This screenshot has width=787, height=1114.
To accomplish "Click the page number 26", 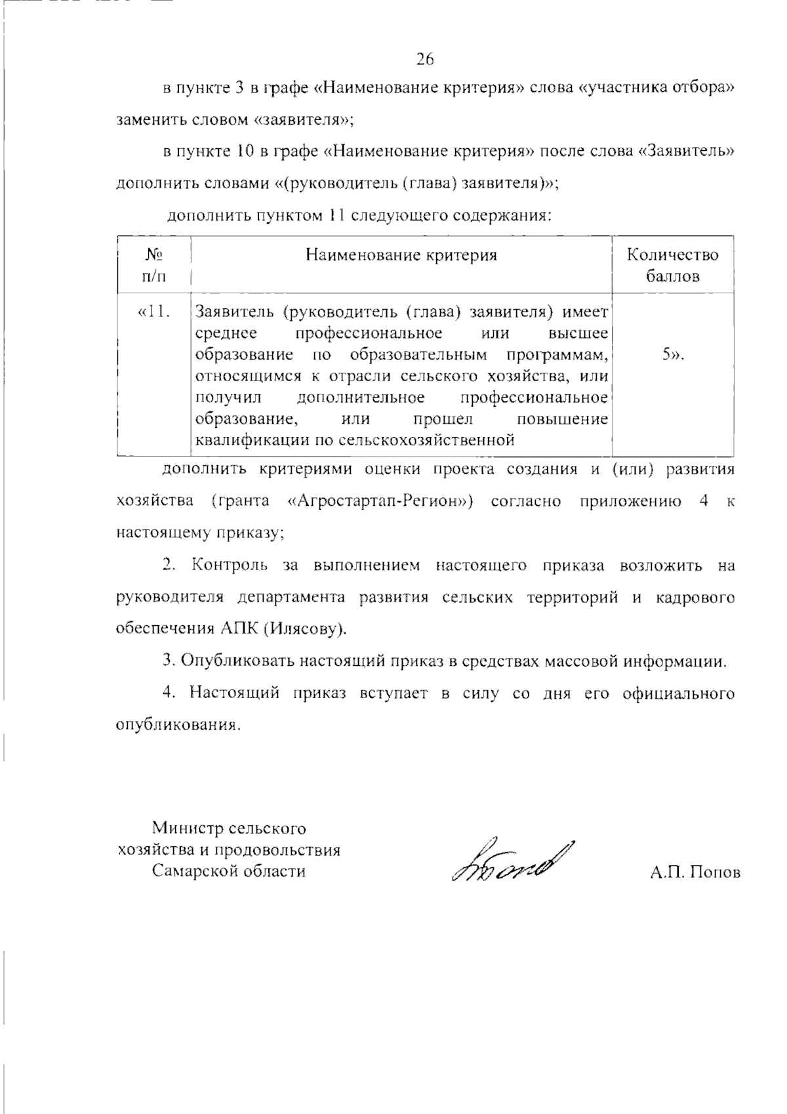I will click(425, 60).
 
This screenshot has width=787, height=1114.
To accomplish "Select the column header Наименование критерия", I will click(401, 255).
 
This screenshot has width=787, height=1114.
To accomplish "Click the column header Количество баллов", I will click(672, 265).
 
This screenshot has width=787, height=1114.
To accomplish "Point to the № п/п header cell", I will click(153, 265).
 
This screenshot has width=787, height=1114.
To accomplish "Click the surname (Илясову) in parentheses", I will click(305, 629).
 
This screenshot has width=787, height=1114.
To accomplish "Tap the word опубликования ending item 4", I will click(176, 725).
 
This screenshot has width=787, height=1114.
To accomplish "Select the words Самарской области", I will click(229, 871).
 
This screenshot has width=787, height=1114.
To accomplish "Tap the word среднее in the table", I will click(226, 333).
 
